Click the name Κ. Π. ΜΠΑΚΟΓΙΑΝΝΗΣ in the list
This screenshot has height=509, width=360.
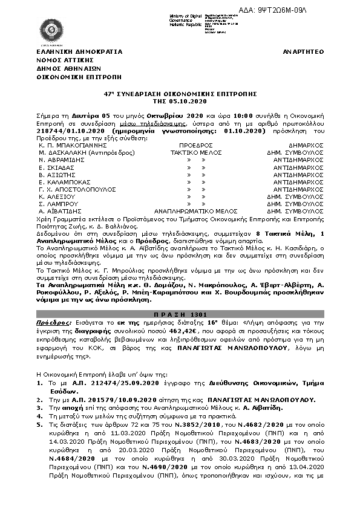67,146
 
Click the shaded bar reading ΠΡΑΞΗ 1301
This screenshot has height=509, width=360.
180,316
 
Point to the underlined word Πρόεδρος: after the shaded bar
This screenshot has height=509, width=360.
52,324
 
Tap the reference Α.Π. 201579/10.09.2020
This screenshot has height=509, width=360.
93,400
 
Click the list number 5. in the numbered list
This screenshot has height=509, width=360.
39,426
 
